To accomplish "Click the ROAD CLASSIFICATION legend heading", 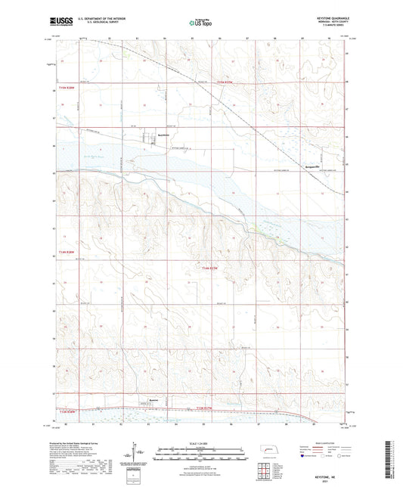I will tap(327, 444).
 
